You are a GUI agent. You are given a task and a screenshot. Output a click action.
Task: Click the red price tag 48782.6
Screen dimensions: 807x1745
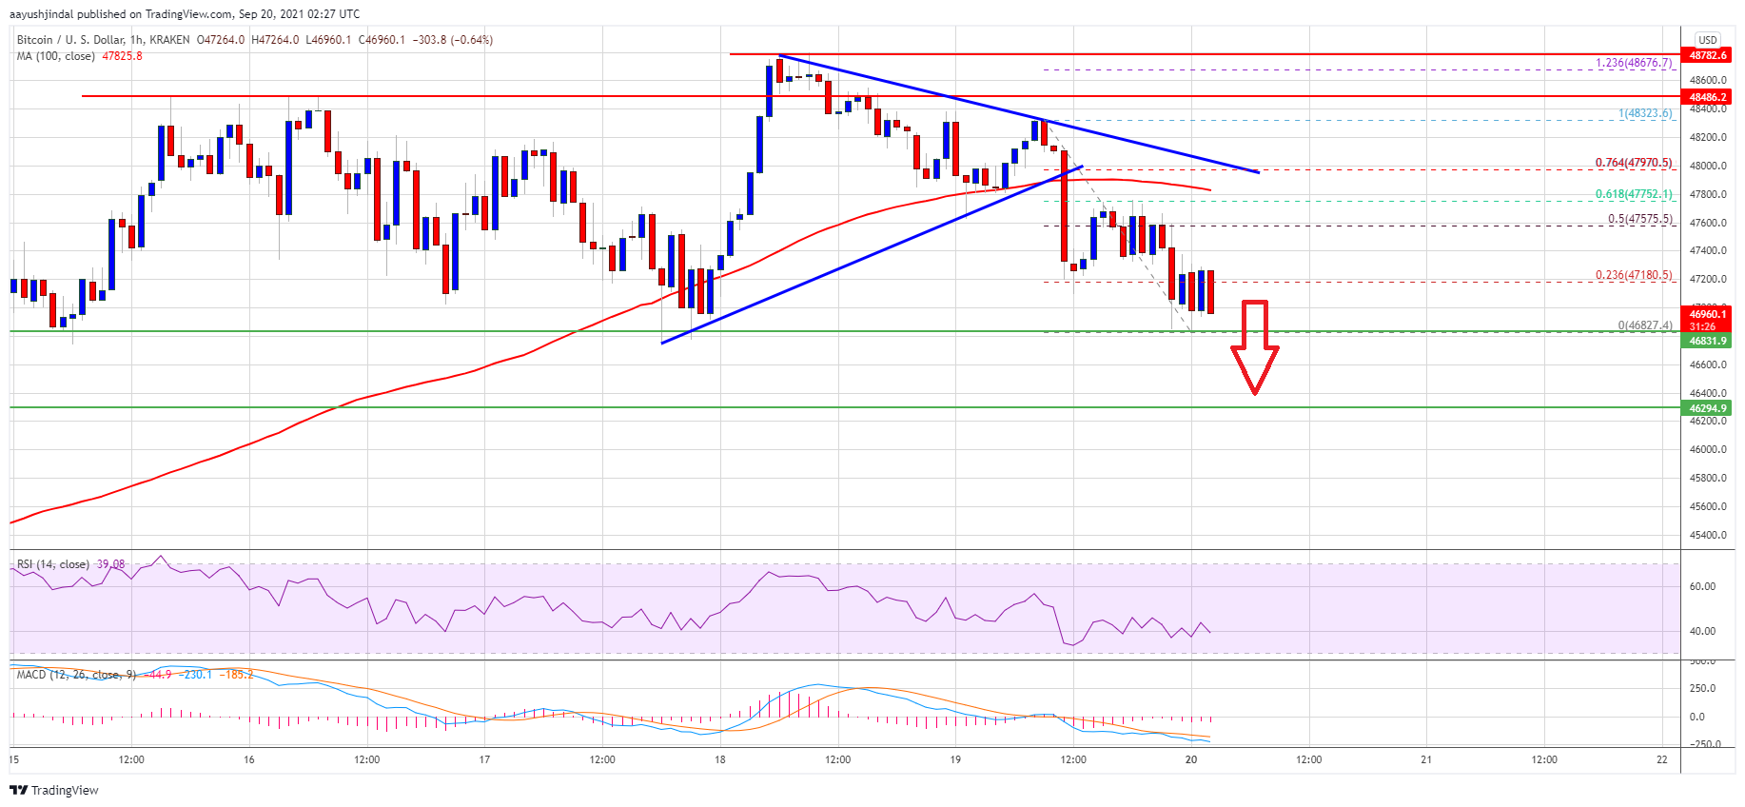[1707, 55]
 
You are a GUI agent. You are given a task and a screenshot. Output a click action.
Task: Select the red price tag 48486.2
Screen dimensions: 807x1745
[1707, 97]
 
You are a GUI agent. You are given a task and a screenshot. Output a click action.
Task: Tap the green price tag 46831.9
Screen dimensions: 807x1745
[1707, 341]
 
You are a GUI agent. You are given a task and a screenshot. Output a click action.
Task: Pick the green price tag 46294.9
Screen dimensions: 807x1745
[1707, 408]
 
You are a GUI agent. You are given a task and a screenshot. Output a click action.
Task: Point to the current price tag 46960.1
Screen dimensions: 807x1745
[1707, 314]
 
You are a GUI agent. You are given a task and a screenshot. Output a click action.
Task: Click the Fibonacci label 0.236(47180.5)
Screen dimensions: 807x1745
[1633, 275]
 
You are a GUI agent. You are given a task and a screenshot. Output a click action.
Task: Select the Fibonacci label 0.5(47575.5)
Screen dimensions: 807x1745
[1639, 219]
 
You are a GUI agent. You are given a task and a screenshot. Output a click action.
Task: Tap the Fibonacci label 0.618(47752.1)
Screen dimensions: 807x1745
[1633, 194]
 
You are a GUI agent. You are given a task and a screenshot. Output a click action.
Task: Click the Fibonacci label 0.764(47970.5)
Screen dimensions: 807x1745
[1633, 163]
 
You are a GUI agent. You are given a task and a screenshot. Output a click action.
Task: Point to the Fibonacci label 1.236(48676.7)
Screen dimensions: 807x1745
[1633, 63]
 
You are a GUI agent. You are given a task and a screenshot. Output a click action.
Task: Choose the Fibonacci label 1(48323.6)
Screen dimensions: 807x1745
[1644, 113]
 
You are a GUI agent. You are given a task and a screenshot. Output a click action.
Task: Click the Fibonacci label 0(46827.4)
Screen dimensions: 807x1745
[1644, 325]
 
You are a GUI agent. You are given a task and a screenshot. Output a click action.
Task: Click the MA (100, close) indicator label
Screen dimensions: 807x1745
[55, 56]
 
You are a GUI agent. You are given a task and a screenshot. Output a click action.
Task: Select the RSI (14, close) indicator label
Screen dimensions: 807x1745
[53, 564]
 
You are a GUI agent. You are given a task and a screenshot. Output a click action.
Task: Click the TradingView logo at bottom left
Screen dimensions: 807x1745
[54, 790]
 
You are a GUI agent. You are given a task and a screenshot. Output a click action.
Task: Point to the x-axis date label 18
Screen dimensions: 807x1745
[720, 759]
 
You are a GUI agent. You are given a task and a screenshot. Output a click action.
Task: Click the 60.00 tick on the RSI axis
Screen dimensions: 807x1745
[1702, 586]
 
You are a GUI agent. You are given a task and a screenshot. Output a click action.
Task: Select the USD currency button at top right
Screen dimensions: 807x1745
[1707, 40]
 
